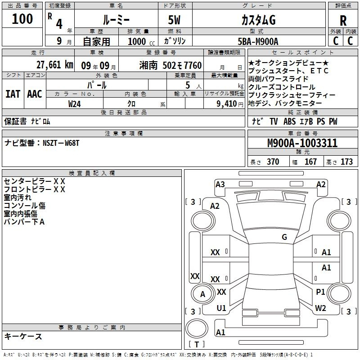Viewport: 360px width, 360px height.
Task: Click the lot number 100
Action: pyautogui.click(x=22, y=19)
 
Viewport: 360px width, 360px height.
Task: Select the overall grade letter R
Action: pyautogui.click(x=343, y=21)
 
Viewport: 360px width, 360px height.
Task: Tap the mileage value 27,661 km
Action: pyautogui.click(x=55, y=65)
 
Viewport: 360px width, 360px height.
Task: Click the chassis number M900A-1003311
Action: pyautogui.click(x=302, y=143)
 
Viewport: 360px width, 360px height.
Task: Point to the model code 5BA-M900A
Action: pyautogui.click(x=258, y=41)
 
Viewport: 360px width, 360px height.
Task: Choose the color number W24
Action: pyautogui.click(x=74, y=104)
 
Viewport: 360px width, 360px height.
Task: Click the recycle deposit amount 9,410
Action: pyautogui.click(x=227, y=104)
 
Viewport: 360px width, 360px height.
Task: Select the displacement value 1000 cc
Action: pyautogui.click(x=141, y=41)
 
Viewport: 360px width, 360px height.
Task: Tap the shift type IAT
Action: pyautogui.click(x=13, y=94)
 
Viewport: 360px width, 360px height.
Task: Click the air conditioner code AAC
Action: pyautogui.click(x=35, y=94)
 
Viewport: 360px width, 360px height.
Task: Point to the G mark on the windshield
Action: pyautogui.click(x=284, y=237)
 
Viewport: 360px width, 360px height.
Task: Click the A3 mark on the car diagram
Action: pyautogui.click(x=220, y=184)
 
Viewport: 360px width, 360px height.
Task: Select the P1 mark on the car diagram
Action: pyautogui.click(x=320, y=292)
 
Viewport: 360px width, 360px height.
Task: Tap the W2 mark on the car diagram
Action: pyautogui.click(x=320, y=308)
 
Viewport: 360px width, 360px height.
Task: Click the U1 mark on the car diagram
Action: pyautogui.click(x=221, y=308)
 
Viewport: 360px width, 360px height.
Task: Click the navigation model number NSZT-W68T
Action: pyautogui.click(x=61, y=143)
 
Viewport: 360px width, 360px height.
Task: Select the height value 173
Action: pyautogui.click(x=346, y=162)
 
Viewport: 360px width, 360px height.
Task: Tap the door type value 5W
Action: pyautogui.click(x=174, y=20)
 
